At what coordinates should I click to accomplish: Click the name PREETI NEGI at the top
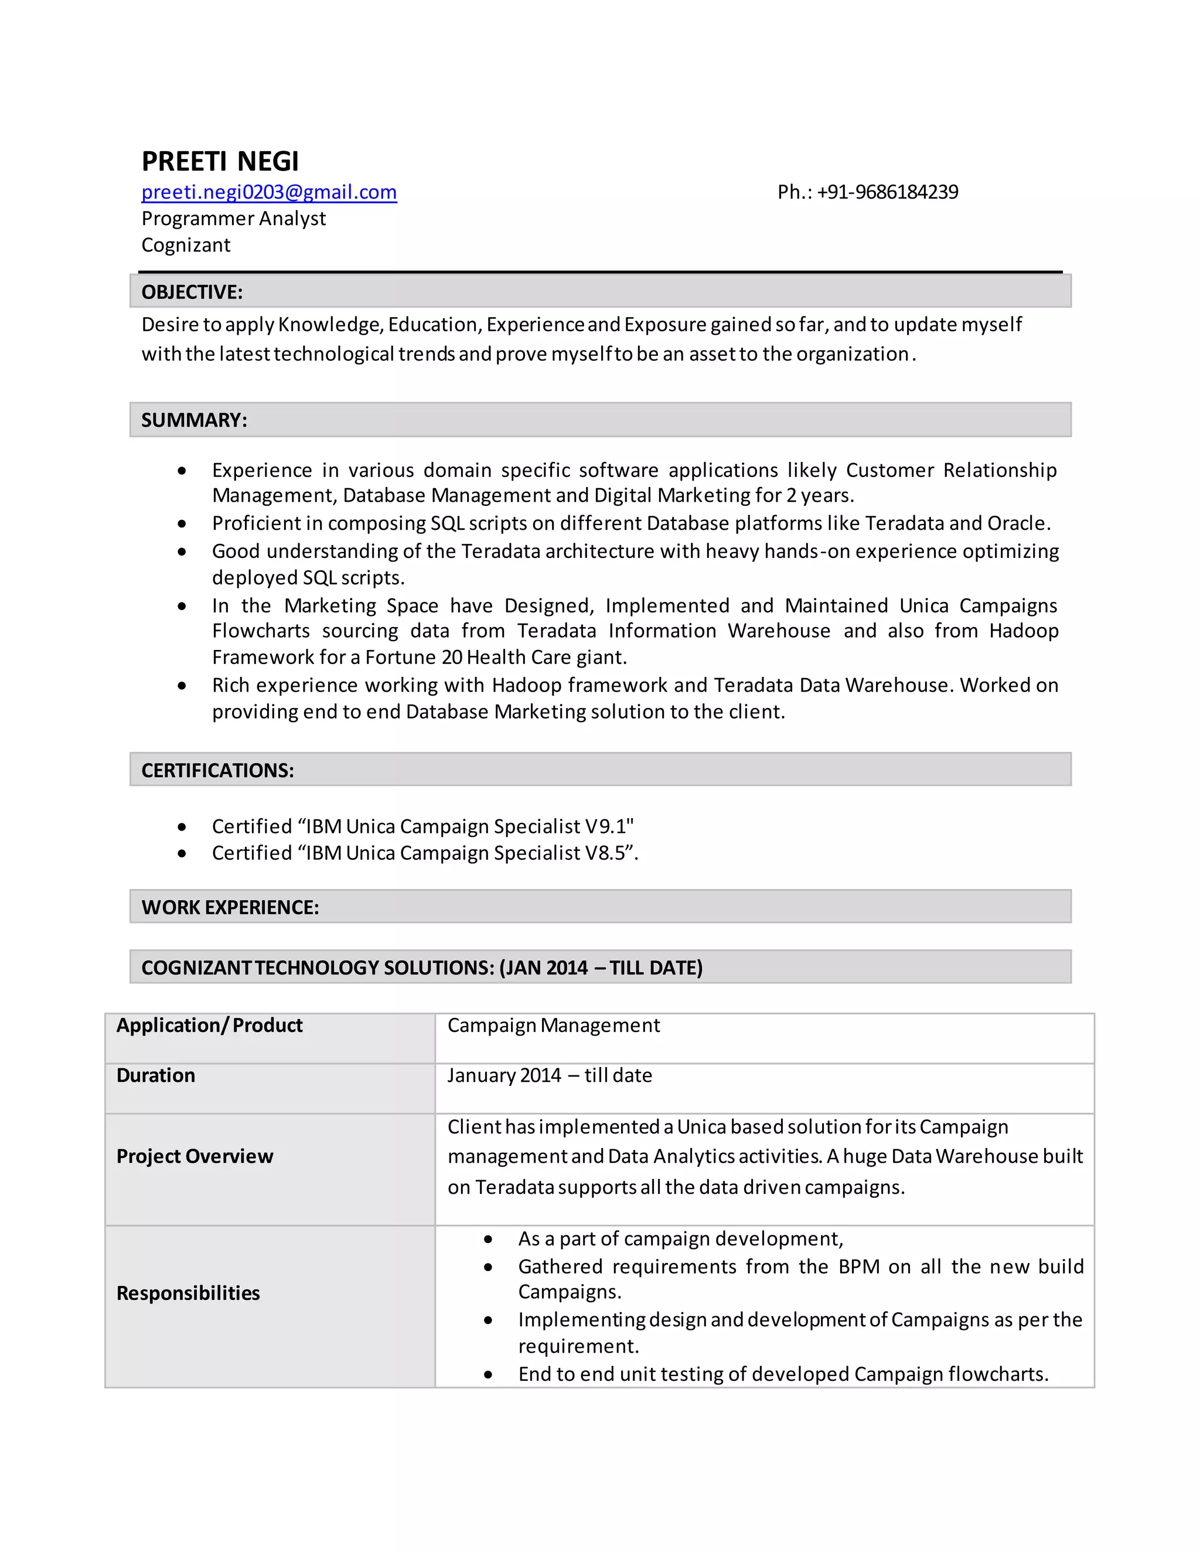[x=220, y=161]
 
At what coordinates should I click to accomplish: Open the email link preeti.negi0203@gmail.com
[x=269, y=192]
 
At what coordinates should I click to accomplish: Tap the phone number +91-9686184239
[x=887, y=192]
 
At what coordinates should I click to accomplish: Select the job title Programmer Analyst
[x=233, y=219]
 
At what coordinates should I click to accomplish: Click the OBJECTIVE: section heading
[x=192, y=291]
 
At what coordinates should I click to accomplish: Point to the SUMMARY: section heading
[x=194, y=420]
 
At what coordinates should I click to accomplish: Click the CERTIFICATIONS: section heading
[x=217, y=770]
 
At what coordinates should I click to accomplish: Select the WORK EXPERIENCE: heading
[x=230, y=907]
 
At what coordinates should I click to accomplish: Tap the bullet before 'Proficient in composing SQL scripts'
[x=183, y=524]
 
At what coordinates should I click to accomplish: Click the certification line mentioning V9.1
[x=422, y=826]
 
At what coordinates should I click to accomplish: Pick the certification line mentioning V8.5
[x=424, y=853]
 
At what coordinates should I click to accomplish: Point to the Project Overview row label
[x=194, y=1156]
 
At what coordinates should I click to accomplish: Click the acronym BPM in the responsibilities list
[x=859, y=1266]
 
